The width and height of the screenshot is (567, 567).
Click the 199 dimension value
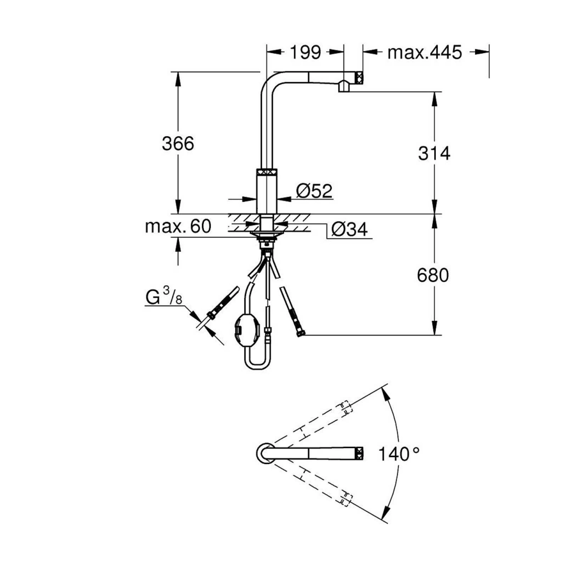pos(305,52)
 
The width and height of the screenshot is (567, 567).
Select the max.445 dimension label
pos(424,52)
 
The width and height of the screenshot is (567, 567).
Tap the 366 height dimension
pos(178,144)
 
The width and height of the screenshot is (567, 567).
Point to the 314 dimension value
pos(434,153)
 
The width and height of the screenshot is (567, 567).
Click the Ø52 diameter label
pos(314,191)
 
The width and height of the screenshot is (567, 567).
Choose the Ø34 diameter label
pos(350,229)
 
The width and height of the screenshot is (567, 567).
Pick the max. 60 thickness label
pos(178,226)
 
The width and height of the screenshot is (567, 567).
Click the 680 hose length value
pos(433,275)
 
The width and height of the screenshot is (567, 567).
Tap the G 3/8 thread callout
pos(163,297)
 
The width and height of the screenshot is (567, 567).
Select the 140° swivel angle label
pos(398,454)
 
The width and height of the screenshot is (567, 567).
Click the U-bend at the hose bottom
pos(257,363)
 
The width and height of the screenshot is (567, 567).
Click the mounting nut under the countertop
pos(267,235)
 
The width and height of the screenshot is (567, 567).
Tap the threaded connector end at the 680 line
pos(300,333)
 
